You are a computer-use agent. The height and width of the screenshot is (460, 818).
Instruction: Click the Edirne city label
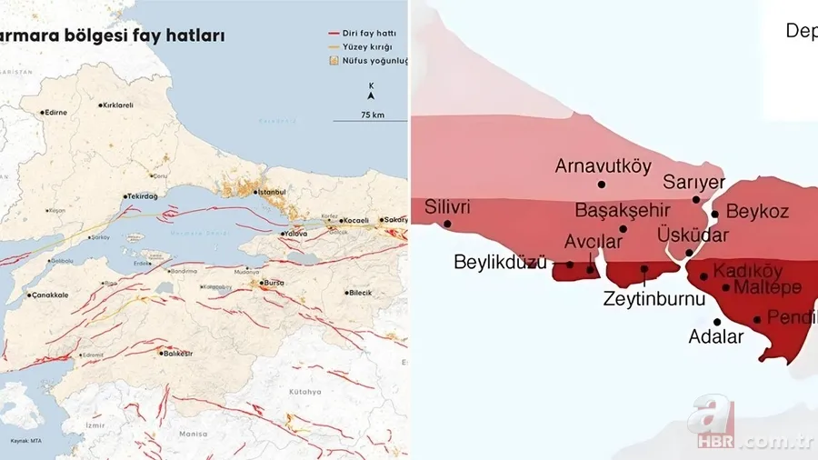pyautogui.click(x=56, y=113)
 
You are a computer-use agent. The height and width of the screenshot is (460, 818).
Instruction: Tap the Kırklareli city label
pyautogui.click(x=117, y=105)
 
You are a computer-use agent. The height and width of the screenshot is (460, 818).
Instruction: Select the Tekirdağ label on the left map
pyautogui.click(x=143, y=196)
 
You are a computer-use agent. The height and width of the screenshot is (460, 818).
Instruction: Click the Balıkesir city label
pyautogui.click(x=178, y=354)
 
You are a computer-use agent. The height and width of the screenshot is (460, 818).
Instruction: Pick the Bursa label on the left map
pyautogui.click(x=274, y=283)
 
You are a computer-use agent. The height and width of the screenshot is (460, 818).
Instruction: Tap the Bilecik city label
pyautogui.click(x=360, y=293)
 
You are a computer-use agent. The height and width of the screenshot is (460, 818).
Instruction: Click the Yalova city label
pyautogui.click(x=295, y=234)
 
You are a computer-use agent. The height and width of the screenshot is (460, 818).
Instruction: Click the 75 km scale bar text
pyautogui.click(x=372, y=115)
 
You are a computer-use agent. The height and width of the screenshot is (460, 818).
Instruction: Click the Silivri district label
pyautogui.click(x=447, y=207)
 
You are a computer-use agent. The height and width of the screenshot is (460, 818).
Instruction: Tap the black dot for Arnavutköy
pyautogui.click(x=602, y=185)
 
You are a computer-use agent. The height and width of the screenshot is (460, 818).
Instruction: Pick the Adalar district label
pyautogui.click(x=716, y=336)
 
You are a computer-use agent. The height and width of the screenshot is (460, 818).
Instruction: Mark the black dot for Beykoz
pyautogui.click(x=715, y=215)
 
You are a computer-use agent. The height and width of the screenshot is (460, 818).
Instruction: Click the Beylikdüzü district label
pyautogui.click(x=501, y=263)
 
